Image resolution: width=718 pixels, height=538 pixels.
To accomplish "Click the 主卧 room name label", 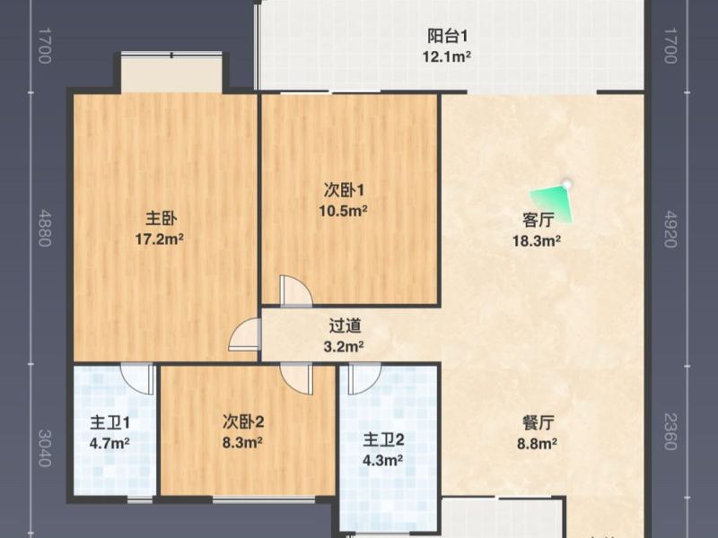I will click(x=162, y=218).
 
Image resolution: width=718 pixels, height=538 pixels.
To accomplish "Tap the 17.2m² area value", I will click(x=162, y=239).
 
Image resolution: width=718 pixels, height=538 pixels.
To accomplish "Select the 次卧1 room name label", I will click(x=345, y=190).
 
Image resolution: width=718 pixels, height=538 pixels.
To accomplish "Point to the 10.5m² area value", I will click(x=345, y=212).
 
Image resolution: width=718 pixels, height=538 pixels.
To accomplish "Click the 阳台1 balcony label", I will click(x=447, y=37).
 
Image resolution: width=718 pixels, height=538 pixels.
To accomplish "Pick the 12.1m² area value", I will click(x=447, y=57).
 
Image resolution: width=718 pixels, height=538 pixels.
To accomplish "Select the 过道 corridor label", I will click(x=345, y=326).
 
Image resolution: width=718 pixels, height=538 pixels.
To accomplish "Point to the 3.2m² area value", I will click(x=345, y=346).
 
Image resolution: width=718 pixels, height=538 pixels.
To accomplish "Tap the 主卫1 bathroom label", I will click(x=110, y=422).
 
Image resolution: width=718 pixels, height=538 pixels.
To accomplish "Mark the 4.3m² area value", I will click(x=383, y=461).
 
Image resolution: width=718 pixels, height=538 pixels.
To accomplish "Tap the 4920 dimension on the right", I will click(x=670, y=228).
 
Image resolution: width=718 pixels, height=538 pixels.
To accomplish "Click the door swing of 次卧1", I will click(x=295, y=292).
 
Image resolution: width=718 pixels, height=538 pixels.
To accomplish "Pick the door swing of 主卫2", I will click(x=363, y=378).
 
